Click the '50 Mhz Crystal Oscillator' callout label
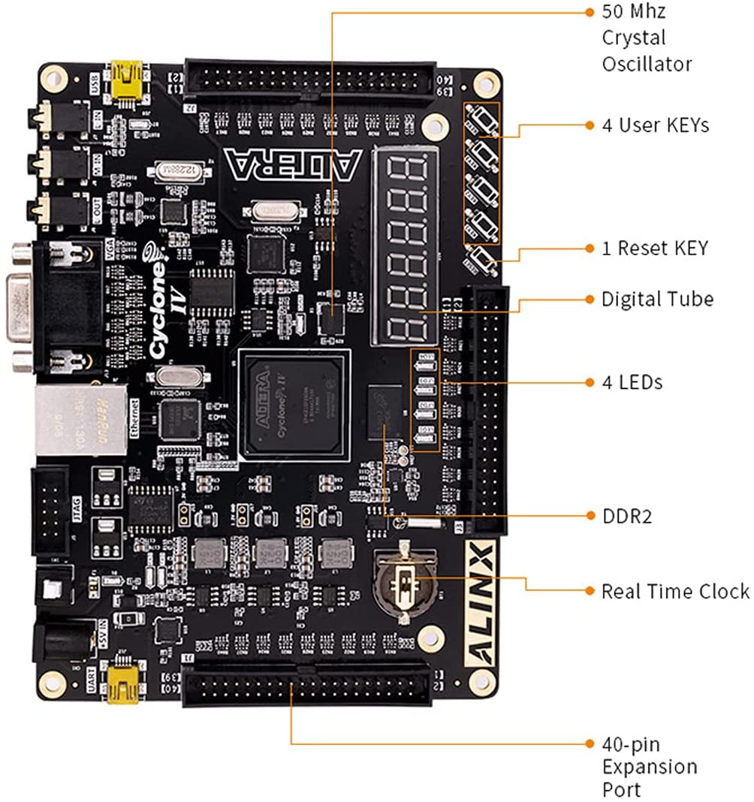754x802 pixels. (646, 38)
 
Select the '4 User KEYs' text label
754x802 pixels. (655, 125)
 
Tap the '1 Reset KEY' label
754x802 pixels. (654, 248)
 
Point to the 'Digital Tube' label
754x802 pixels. (657, 299)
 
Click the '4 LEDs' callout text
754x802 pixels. (632, 382)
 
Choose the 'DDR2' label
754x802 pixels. (626, 516)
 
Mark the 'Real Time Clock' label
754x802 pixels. (675, 591)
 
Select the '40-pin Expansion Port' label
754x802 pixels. (650, 767)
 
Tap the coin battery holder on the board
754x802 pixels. (405, 583)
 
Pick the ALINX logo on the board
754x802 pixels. (479, 605)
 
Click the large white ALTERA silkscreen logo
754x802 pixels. (293, 166)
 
